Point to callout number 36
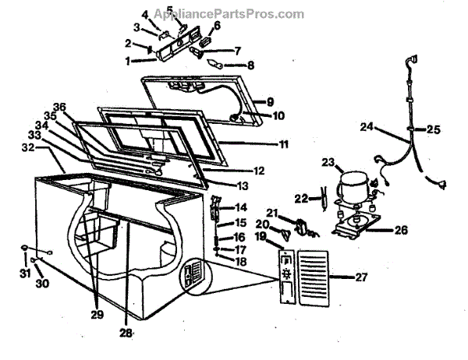point(59,108)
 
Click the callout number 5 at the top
point(169,11)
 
